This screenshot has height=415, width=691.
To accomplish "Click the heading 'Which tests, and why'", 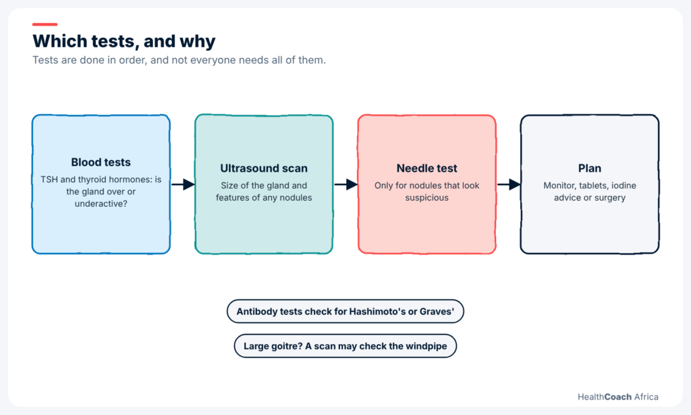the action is point(124,41).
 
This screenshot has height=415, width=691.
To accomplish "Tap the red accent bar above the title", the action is point(45,24).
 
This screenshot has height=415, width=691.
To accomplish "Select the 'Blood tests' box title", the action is point(101,162).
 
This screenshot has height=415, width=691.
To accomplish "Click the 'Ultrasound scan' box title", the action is point(264,168).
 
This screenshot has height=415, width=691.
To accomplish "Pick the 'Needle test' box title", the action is point(427,168).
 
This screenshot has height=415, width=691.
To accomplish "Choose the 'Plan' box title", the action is point(590,168).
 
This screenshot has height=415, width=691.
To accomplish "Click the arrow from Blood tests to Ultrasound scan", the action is point(183,184).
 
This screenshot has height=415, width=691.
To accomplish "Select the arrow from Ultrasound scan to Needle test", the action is point(346,184).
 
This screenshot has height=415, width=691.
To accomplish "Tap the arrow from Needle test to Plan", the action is point(509,184).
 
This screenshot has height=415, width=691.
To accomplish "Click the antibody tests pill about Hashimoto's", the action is point(345,311).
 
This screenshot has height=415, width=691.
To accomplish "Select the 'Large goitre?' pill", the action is point(345,345).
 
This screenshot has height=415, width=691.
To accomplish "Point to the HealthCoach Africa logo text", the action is point(618,397).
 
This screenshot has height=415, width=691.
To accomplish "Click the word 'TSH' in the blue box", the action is point(49,180).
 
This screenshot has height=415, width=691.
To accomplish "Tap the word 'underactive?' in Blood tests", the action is point(101,203).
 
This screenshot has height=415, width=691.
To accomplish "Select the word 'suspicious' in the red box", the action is point(427,198).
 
